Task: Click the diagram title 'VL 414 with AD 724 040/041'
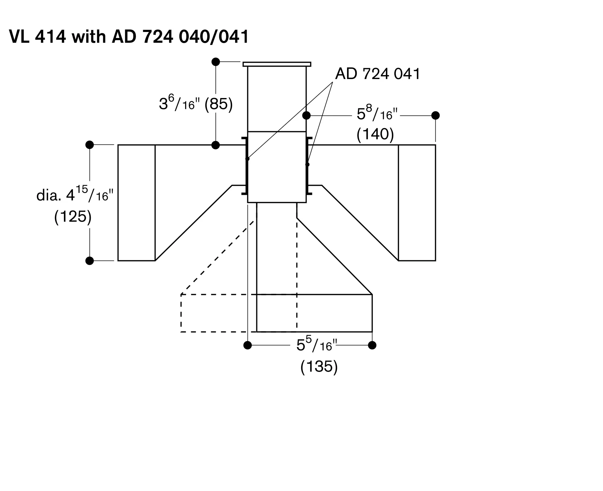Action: coord(129,37)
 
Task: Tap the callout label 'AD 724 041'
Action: coord(377,74)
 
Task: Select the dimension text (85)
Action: coord(219,104)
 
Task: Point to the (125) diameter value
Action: coord(73,217)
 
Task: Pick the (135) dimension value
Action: coord(319,367)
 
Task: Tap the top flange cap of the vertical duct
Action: coord(277,64)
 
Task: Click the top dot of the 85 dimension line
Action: coord(216,62)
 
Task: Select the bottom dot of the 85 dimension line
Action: coord(216,145)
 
